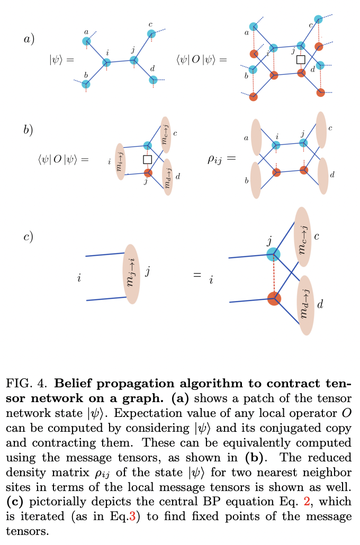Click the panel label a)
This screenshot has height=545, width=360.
29,39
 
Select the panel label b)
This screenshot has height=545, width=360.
29,130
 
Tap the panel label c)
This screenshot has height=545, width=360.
29,237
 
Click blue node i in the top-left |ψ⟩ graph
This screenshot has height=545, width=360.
107,62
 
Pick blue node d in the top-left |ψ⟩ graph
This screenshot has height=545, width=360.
153,80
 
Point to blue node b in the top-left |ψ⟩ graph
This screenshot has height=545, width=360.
86,84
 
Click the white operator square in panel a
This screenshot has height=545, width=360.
301,59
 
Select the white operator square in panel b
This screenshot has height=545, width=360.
148,159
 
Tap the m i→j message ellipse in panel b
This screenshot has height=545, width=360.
120,161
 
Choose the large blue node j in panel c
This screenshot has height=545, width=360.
273,254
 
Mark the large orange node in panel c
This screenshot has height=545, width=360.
273,298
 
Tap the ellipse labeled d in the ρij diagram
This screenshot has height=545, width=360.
322,175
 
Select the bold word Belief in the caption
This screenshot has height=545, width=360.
72,383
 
